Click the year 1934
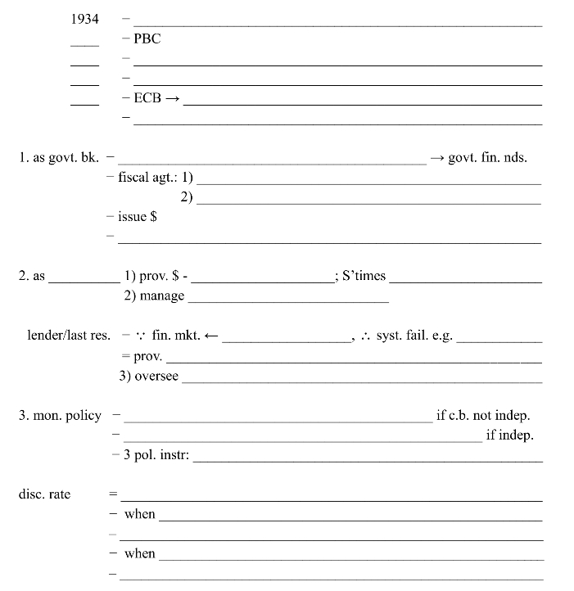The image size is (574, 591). click(x=85, y=19)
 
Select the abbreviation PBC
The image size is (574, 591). click(x=147, y=38)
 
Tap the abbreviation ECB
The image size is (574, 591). click(x=147, y=98)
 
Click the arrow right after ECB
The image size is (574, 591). click(x=172, y=98)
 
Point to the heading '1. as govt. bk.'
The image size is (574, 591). click(x=58, y=157)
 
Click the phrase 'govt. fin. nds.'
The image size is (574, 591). click(x=488, y=157)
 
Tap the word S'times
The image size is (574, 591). click(x=364, y=276)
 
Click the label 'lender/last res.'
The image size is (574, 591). click(x=69, y=336)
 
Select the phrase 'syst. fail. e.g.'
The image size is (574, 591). click(x=414, y=336)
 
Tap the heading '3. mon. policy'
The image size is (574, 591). click(x=60, y=415)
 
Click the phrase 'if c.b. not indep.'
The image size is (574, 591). click(x=483, y=415)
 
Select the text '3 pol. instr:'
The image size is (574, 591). click(x=156, y=455)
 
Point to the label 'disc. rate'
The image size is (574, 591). click(x=44, y=494)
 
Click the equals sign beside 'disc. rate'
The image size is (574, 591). click(x=114, y=494)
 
